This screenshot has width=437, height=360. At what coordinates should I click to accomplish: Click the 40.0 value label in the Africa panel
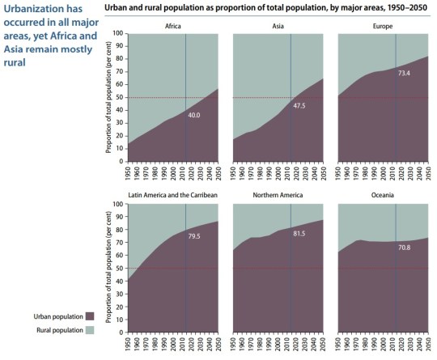click(x=194, y=116)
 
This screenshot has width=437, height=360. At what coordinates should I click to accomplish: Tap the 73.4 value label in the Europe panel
click(x=405, y=74)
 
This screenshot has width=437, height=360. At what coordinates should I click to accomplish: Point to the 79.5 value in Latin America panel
click(x=194, y=236)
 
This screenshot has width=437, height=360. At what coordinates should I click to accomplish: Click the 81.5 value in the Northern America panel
click(x=299, y=234)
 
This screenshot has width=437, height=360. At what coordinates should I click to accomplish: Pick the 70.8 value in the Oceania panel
click(x=405, y=248)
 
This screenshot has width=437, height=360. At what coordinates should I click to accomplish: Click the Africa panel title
click(x=173, y=26)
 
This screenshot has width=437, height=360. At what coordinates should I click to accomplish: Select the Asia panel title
click(x=278, y=26)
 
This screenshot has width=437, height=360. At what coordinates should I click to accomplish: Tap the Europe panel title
click(x=384, y=26)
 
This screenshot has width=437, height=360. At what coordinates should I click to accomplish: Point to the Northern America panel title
click(x=278, y=197)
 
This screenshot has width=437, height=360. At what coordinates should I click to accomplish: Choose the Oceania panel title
click(x=384, y=197)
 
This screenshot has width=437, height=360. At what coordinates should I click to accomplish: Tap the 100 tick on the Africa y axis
click(x=118, y=34)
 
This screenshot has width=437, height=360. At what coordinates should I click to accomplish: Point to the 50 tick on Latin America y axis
click(x=120, y=269)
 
